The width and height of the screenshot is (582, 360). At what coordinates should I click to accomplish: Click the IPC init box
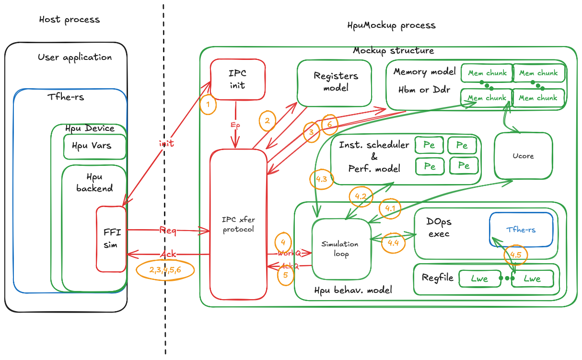tap(238, 79)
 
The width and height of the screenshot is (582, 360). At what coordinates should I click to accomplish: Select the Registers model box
tap(335, 82)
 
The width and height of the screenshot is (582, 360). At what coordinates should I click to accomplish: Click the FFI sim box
tap(111, 238)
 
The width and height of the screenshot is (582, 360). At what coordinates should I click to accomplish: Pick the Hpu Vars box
tap(94, 145)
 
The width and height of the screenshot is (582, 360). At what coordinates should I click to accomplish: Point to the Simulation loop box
tap(341, 249)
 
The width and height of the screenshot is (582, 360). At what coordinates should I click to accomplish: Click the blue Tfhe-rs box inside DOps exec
tap(521, 230)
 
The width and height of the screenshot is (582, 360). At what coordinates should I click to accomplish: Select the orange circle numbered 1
tap(208, 105)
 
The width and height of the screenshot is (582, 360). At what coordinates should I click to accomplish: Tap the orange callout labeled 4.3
tap(321, 179)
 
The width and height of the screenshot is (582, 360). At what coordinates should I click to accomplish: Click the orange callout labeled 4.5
tap(516, 255)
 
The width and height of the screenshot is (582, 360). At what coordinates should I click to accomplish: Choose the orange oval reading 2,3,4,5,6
tap(165, 270)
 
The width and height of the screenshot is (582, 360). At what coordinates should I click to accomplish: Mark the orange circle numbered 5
tap(285, 275)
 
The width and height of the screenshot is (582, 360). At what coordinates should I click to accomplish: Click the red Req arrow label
tap(168, 231)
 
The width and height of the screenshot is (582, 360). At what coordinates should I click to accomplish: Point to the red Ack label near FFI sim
tap(168, 254)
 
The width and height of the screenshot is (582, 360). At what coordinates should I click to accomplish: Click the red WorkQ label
tap(289, 253)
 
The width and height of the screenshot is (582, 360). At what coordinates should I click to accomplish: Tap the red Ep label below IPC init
tap(235, 125)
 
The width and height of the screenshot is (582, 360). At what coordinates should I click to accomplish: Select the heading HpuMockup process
tap(391, 25)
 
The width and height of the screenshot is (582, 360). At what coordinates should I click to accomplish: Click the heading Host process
tap(70, 20)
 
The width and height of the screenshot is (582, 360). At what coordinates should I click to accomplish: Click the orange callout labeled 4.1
tap(389, 209)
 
